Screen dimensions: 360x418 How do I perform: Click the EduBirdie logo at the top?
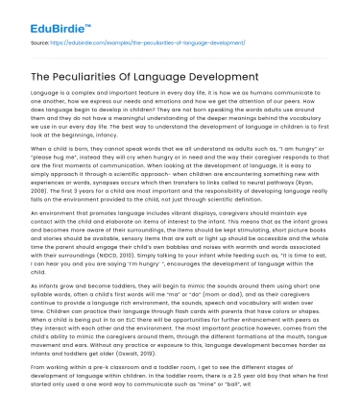[x=53, y=15]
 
